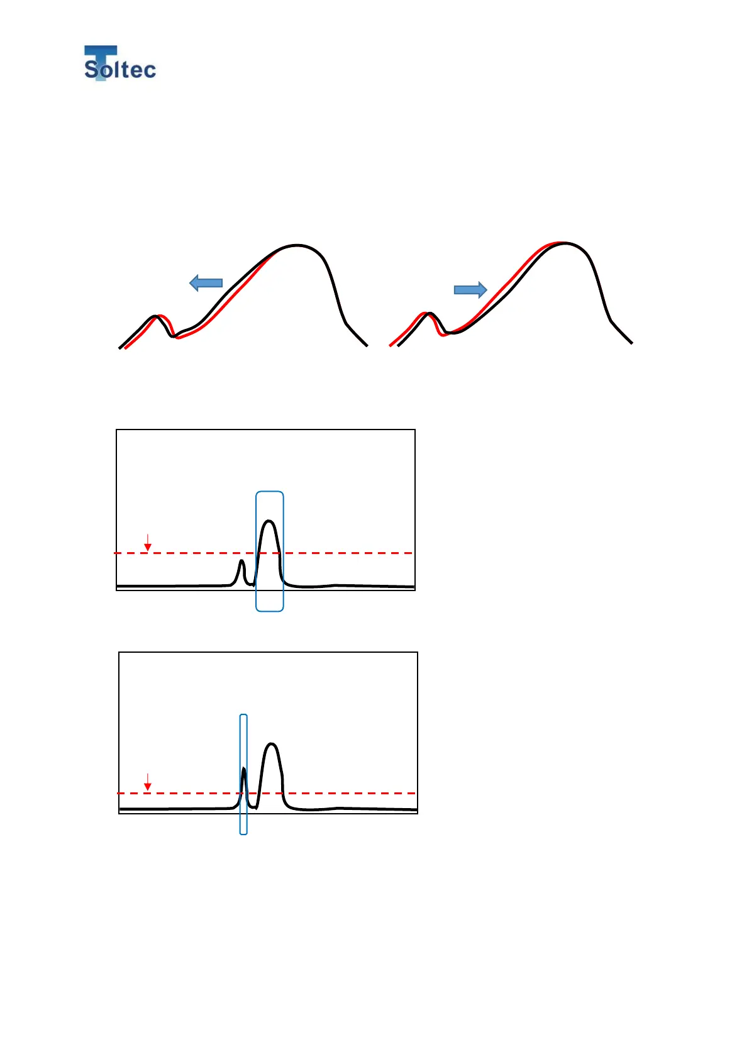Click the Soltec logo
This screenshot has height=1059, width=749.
pyautogui.click(x=119, y=64)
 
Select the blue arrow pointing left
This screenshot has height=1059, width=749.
pyautogui.click(x=206, y=283)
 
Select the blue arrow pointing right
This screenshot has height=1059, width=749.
pyautogui.click(x=470, y=289)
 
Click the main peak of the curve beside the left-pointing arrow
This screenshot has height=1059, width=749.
pyautogui.click(x=296, y=245)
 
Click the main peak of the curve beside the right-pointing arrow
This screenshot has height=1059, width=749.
pyautogui.click(x=564, y=243)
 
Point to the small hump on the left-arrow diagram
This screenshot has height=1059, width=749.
pyautogui.click(x=156, y=316)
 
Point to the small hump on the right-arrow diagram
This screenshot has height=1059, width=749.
pyautogui.click(x=428, y=313)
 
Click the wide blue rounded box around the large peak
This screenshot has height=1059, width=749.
pyautogui.click(x=270, y=493)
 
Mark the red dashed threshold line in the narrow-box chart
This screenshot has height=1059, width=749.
pyautogui.click(x=352, y=793)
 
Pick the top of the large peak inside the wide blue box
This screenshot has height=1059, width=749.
pyautogui.click(x=270, y=521)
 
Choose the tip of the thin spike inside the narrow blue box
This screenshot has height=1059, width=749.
pyautogui.click(x=243, y=768)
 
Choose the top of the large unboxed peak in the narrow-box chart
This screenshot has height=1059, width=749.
pyautogui.click(x=272, y=744)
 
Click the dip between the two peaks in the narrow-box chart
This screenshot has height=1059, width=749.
pyautogui.click(x=255, y=807)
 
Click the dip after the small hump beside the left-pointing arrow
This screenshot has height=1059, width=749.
pyautogui.click(x=174, y=336)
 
